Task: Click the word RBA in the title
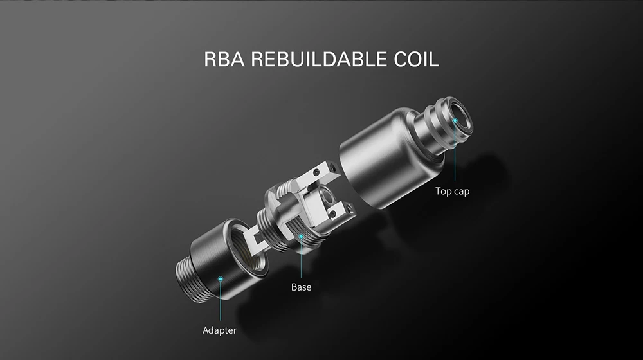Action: [224, 59]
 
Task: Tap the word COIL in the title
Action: [416, 59]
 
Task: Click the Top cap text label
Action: [452, 192]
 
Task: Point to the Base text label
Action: [301, 287]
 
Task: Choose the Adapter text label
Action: [219, 330]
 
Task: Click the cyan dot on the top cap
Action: [455, 120]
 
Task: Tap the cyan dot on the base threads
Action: [301, 237]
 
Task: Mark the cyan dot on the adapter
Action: [220, 279]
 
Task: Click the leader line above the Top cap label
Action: [455, 152]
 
